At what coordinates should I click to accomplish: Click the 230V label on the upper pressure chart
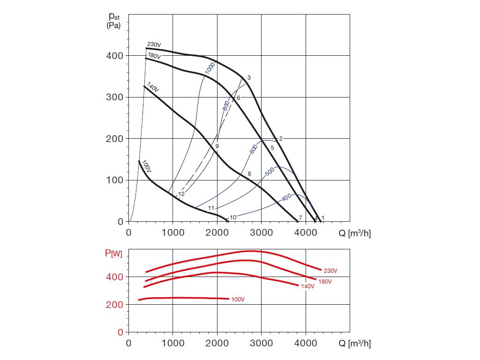(x=154, y=45)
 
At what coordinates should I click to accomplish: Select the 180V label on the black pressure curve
(x=154, y=56)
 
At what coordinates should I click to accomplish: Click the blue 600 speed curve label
(x=254, y=149)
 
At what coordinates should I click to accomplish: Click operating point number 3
(x=249, y=78)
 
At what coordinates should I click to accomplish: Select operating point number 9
(x=217, y=146)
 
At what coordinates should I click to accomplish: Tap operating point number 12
(x=181, y=194)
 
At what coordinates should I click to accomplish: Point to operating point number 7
(x=300, y=218)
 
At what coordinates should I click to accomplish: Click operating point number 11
(x=211, y=208)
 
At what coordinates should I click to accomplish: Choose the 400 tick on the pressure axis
(x=114, y=56)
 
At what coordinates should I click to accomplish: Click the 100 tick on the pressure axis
(x=114, y=180)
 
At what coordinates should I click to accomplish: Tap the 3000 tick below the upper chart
(x=262, y=231)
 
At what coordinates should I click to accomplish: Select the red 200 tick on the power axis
(x=114, y=305)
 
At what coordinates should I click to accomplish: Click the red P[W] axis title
(x=113, y=254)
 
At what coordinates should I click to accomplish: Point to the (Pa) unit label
(x=113, y=26)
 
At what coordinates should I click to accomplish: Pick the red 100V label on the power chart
(x=238, y=299)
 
